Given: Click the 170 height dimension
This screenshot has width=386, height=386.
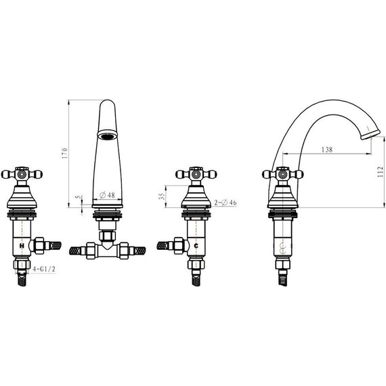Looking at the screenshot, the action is tap(64, 153).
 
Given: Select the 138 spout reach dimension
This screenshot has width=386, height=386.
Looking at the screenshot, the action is tap(327, 150).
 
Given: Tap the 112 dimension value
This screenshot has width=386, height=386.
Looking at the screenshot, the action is tap(381, 171).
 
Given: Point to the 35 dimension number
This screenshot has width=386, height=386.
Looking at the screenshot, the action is tap(161, 196).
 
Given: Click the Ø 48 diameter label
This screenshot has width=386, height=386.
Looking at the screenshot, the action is tap(107, 195).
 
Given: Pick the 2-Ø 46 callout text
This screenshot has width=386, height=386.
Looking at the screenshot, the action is tap(226, 202).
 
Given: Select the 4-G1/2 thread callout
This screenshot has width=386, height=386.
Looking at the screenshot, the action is tap(44, 269).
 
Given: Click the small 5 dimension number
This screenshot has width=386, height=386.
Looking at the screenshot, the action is tap(78, 197).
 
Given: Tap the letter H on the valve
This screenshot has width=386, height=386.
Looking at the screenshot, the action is tap(22, 245).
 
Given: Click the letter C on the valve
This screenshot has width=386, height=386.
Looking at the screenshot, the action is tap(196, 245).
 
